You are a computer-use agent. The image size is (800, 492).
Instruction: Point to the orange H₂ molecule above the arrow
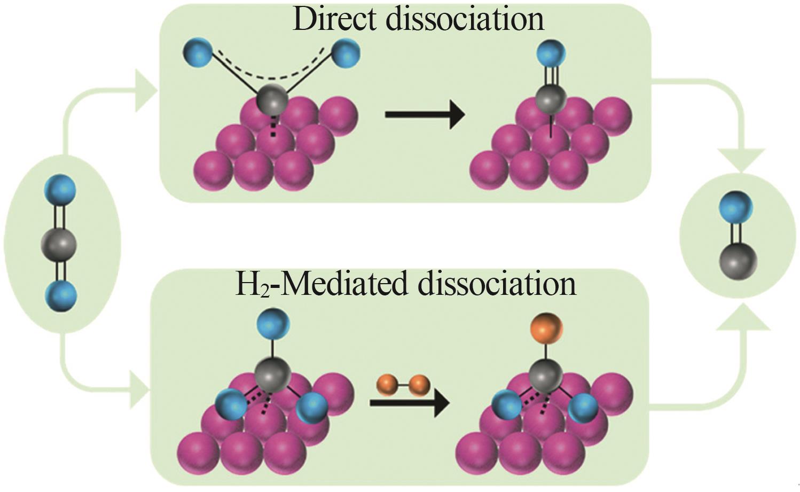click(404, 386)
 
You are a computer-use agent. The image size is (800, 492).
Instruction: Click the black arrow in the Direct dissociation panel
click(425, 115)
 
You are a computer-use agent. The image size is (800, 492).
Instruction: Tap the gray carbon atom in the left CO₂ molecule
click(59, 246)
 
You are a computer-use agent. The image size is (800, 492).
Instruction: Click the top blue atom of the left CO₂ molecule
click(60, 190)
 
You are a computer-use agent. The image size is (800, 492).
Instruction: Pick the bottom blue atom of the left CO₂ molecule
click(61, 296)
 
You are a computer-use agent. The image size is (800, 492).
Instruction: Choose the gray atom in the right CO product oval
click(738, 262)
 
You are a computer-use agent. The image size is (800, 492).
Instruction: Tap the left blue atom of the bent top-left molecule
click(198, 53)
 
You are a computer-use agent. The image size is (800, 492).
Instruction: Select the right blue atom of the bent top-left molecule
click(346, 53)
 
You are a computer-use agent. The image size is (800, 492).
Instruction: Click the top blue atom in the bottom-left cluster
click(273, 324)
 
